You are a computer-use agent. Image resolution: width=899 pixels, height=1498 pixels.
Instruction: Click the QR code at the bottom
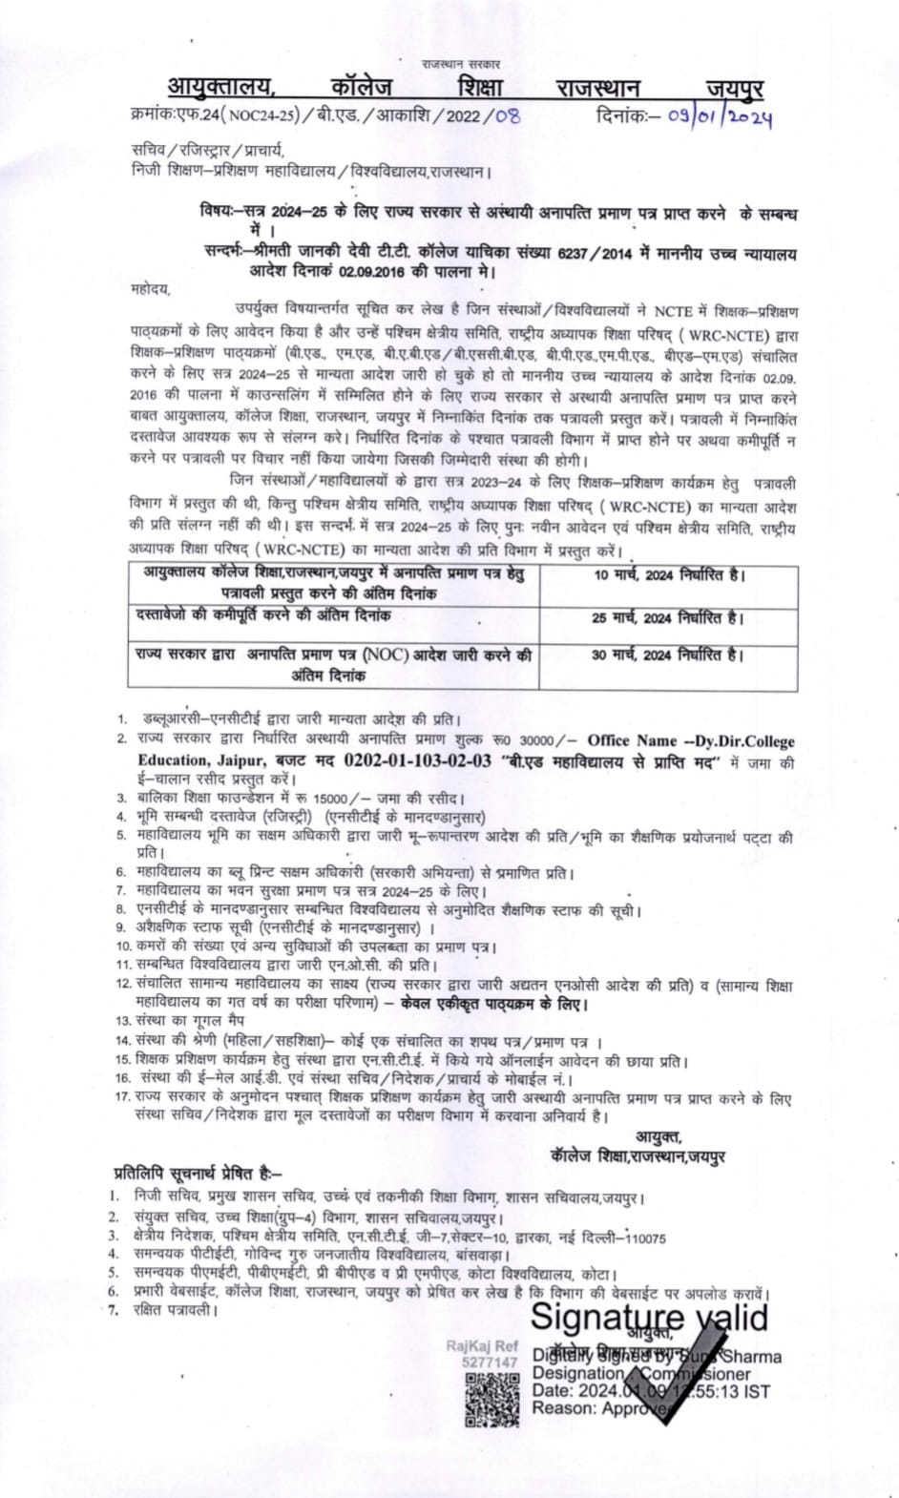pyautogui.click(x=491, y=1401)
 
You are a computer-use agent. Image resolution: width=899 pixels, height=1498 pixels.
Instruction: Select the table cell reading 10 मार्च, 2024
pyautogui.click(x=667, y=575)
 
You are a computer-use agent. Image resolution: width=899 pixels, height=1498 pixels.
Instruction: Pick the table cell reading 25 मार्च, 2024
pyautogui.click(x=667, y=617)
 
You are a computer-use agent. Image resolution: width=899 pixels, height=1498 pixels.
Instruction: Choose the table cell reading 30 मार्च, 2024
pyautogui.click(x=667, y=655)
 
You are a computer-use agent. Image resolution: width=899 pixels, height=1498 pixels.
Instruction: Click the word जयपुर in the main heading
pyautogui.click(x=735, y=89)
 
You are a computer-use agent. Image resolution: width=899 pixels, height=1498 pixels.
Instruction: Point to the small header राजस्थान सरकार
pyautogui.click(x=462, y=64)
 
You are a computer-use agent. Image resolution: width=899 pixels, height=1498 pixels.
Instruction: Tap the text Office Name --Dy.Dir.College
pyautogui.click(x=691, y=740)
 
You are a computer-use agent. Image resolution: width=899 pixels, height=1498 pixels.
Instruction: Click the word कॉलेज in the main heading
pyautogui.click(x=356, y=89)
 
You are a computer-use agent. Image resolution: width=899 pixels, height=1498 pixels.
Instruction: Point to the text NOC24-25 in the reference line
pyautogui.click(x=259, y=116)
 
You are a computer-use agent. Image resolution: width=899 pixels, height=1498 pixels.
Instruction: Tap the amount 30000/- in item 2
pyautogui.click(x=546, y=740)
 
